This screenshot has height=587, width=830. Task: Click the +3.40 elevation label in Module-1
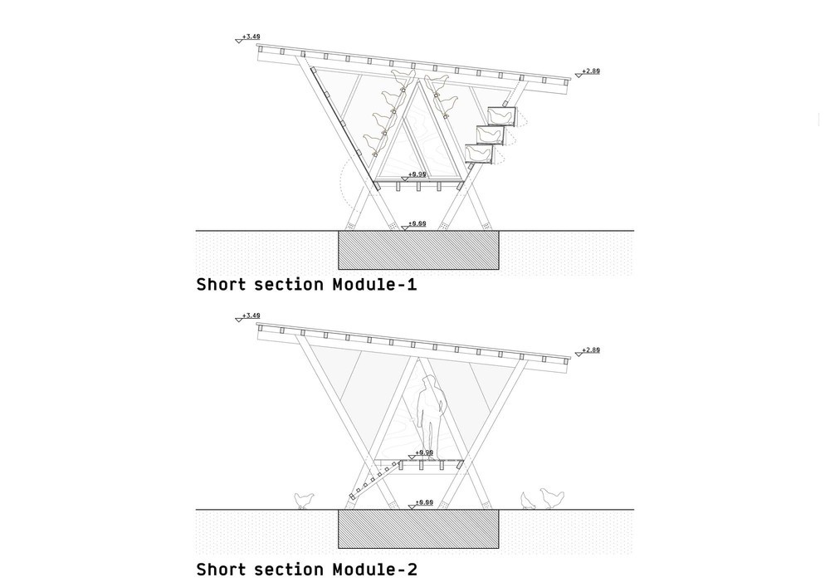tap(251, 37)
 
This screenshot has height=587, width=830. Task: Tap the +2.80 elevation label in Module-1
tap(590, 71)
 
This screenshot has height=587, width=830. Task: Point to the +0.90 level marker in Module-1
tap(417, 175)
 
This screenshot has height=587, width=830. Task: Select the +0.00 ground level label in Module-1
tap(417, 224)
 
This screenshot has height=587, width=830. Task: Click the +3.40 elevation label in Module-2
tap(251, 316)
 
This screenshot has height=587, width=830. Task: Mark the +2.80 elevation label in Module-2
tap(590, 350)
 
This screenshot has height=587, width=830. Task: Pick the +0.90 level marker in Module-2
tap(423, 453)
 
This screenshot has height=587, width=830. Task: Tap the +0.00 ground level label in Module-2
tap(423, 503)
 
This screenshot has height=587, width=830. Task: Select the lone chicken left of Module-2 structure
tap(305, 501)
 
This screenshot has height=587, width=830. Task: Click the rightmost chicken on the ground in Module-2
tap(552, 498)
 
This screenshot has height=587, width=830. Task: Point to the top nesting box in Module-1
tap(500, 116)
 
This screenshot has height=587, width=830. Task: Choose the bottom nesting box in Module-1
tap(479, 154)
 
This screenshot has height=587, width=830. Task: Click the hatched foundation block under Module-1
tap(418, 251)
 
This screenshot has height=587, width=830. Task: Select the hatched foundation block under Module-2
tap(418, 530)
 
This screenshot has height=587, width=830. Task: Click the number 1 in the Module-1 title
tap(412, 285)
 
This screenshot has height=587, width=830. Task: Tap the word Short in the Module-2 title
tap(221, 570)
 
